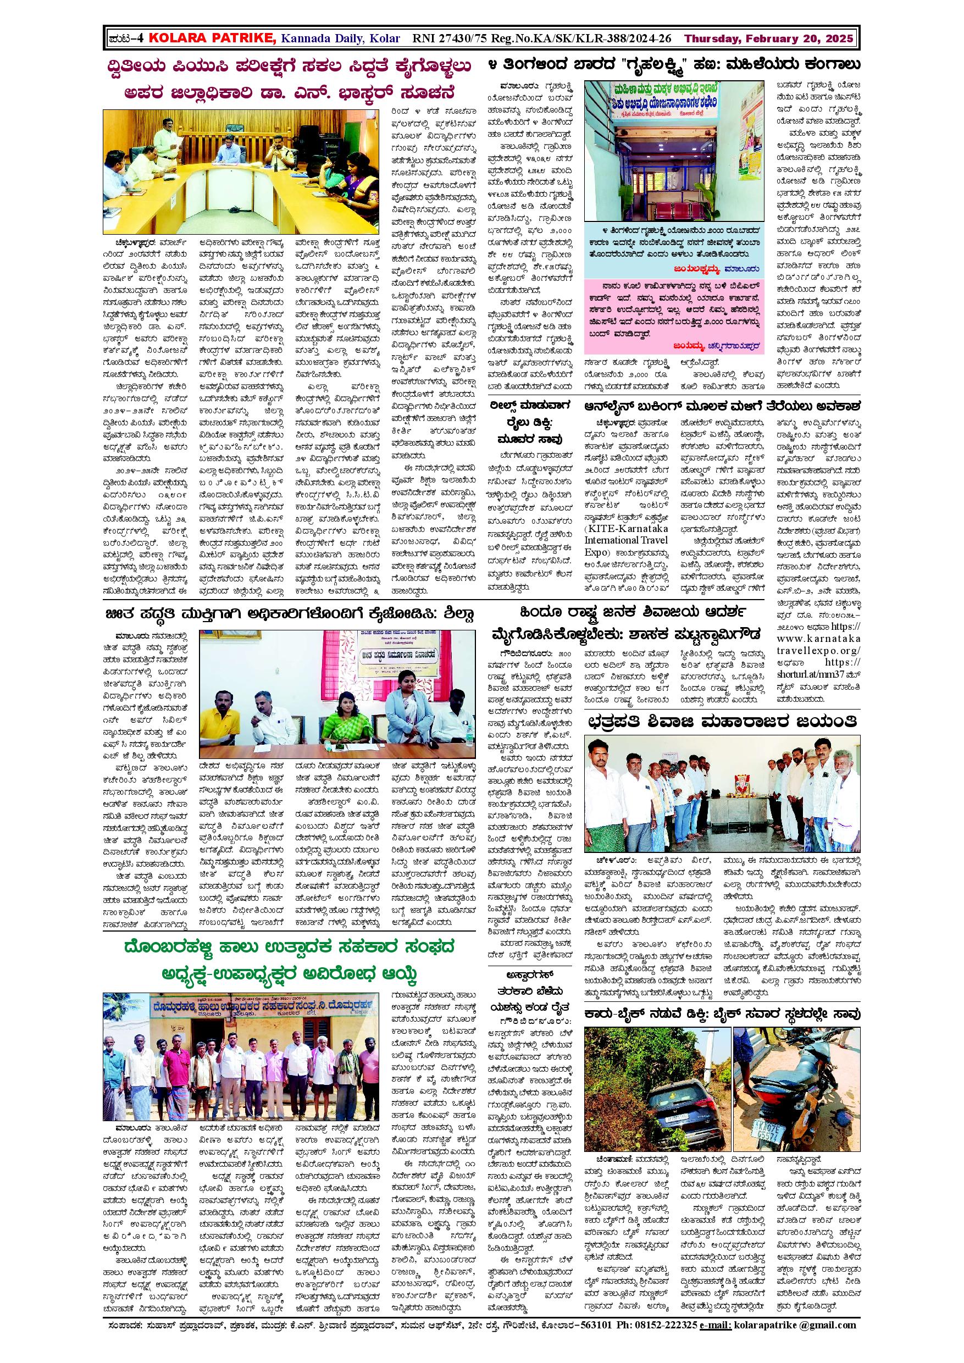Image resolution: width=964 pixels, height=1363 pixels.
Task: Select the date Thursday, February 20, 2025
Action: coord(769,39)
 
